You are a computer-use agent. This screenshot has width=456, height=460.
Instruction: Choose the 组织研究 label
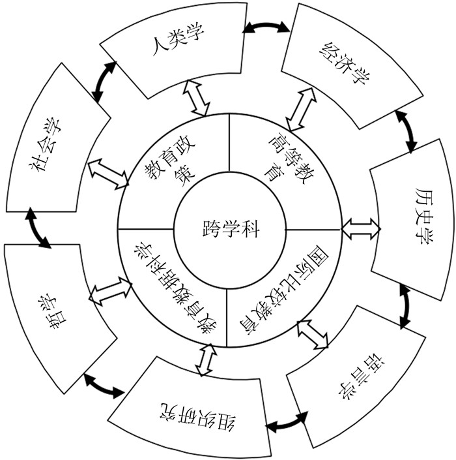tap(194, 414)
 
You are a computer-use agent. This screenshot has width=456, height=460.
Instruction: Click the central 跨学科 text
tap(230, 228)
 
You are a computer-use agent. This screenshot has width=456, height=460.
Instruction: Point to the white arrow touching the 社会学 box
tap(109, 172)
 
